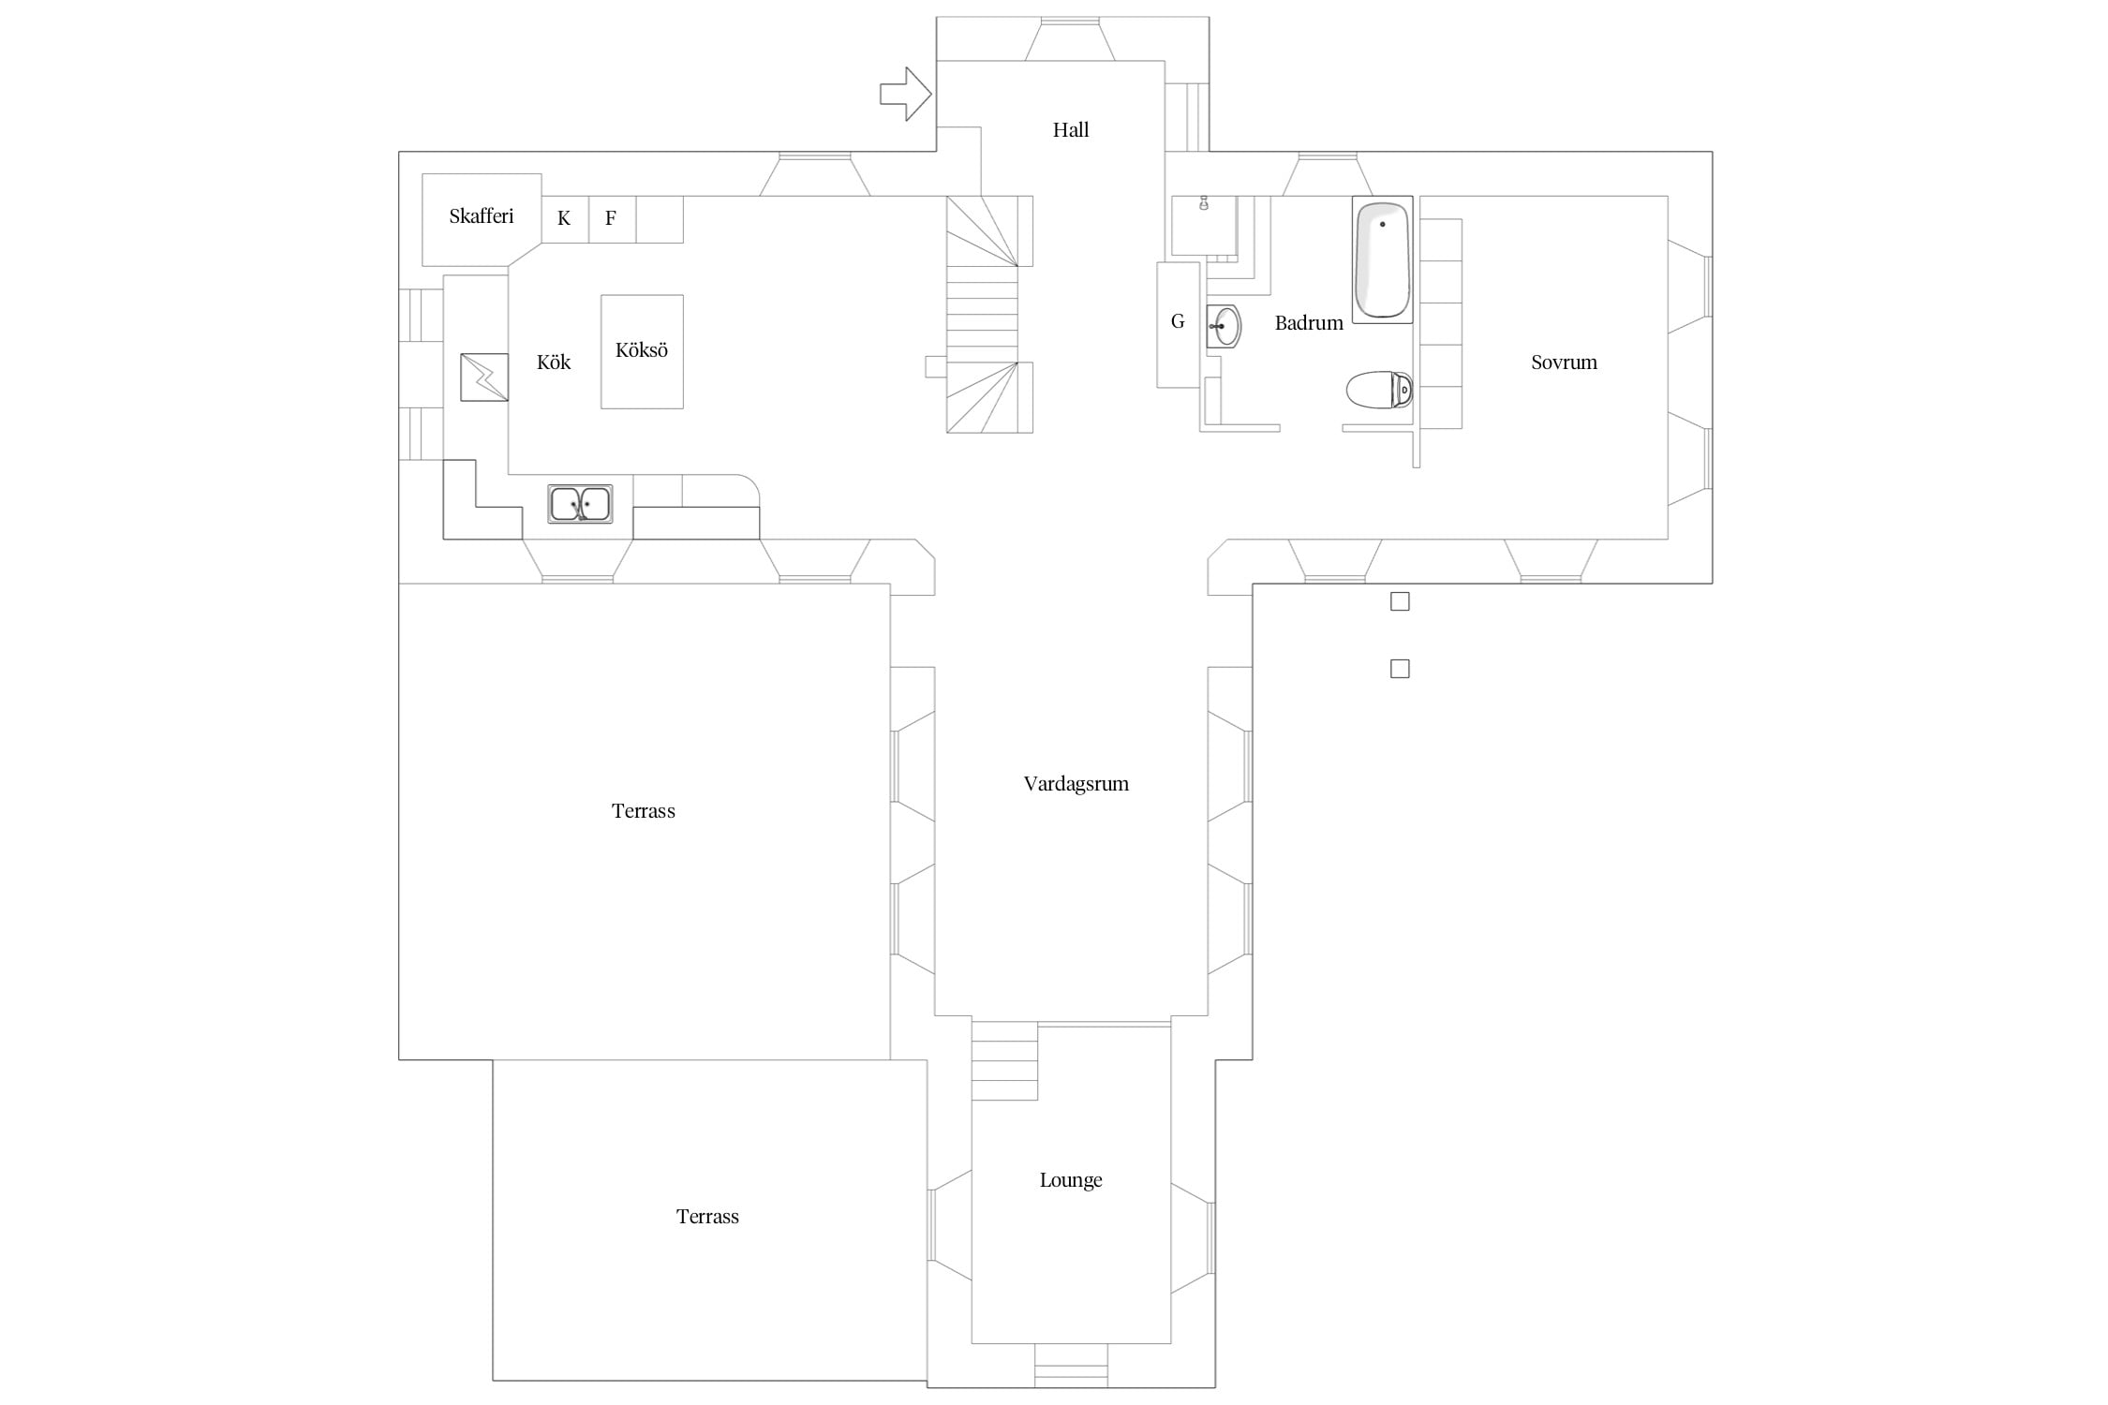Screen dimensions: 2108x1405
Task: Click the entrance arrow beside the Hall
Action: [905, 94]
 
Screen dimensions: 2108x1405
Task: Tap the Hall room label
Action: [1071, 130]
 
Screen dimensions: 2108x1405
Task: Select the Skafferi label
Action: [482, 216]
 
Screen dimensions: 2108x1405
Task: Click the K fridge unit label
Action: [564, 218]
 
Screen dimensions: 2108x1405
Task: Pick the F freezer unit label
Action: [611, 218]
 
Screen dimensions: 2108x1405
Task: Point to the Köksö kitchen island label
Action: [642, 350]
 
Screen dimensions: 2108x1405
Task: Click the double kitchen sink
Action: [580, 504]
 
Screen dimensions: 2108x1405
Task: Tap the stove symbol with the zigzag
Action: [484, 377]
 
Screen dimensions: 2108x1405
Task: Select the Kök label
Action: [554, 362]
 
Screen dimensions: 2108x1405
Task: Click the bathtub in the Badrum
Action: [1383, 259]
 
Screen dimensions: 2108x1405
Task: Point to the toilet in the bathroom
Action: [1379, 391]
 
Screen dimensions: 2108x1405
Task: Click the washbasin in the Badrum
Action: [1224, 326]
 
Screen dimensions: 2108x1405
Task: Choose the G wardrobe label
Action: [1178, 322]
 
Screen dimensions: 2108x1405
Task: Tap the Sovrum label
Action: [1564, 362]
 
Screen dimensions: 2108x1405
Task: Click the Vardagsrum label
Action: [1076, 784]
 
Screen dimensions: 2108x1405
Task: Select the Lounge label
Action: [1071, 1180]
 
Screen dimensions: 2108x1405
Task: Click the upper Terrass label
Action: [644, 811]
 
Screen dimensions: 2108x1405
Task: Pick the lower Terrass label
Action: [707, 1217]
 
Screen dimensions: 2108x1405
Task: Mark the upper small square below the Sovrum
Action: [1400, 601]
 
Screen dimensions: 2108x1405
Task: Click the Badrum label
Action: [1309, 323]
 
